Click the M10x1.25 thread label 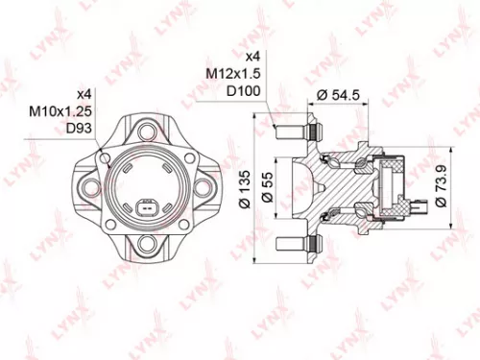pos(53,112)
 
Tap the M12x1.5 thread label pos(232,73)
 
